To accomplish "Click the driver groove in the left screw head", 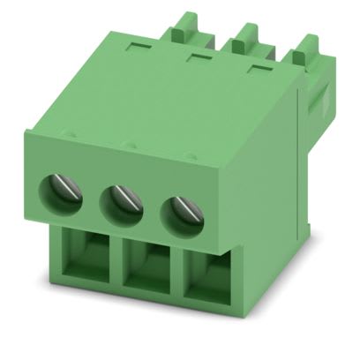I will (64, 190).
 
